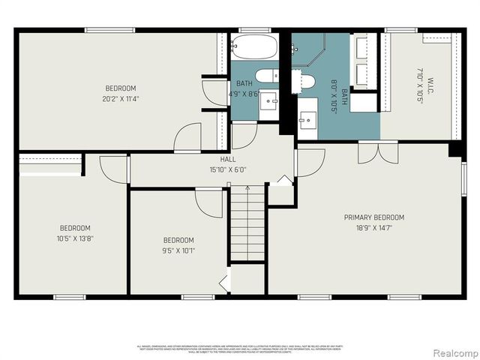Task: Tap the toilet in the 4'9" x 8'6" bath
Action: tap(265, 76)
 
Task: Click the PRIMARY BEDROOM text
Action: tap(374, 217)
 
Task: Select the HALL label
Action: tap(228, 159)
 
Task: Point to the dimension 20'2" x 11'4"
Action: tap(121, 97)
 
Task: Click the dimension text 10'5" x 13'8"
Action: tap(76, 238)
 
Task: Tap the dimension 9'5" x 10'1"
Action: tap(178, 250)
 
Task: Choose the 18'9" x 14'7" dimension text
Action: tap(374, 228)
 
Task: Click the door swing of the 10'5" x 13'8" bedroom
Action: tap(112, 169)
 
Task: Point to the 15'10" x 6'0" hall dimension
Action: tap(228, 169)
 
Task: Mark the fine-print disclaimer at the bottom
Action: tap(240, 349)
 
